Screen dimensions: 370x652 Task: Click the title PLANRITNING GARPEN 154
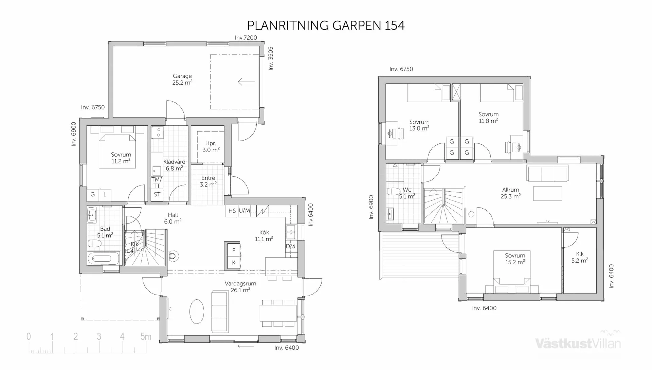pyautogui.click(x=326, y=25)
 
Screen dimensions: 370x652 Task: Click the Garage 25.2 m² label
pyautogui.click(x=182, y=79)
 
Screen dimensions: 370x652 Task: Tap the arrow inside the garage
pyautogui.click(x=246, y=82)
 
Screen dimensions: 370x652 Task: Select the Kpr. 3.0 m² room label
pyautogui.click(x=211, y=146)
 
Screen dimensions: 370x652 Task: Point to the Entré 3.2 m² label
pyautogui.click(x=208, y=181)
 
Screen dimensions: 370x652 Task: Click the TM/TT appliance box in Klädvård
pyautogui.click(x=157, y=182)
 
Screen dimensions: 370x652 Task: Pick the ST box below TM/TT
pyautogui.click(x=157, y=195)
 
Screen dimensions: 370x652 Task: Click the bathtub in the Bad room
pyautogui.click(x=104, y=259)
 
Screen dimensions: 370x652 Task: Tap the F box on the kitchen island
pyautogui.click(x=234, y=251)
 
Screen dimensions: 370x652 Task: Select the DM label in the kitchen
pyautogui.click(x=290, y=246)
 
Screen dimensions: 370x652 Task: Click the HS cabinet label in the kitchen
pyautogui.click(x=232, y=211)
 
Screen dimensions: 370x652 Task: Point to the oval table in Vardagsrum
pyautogui.click(x=197, y=311)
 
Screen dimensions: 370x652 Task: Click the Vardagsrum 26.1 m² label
pyautogui.click(x=240, y=286)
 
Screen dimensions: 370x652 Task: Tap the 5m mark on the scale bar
pyautogui.click(x=146, y=337)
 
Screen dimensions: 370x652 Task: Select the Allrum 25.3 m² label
pyautogui.click(x=510, y=193)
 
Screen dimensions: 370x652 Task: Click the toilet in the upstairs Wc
pyautogui.click(x=394, y=192)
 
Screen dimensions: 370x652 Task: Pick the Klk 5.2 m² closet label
pyautogui.click(x=579, y=257)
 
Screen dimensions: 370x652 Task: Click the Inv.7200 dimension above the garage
pyautogui.click(x=246, y=38)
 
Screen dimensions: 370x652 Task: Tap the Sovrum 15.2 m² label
pyautogui.click(x=515, y=259)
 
